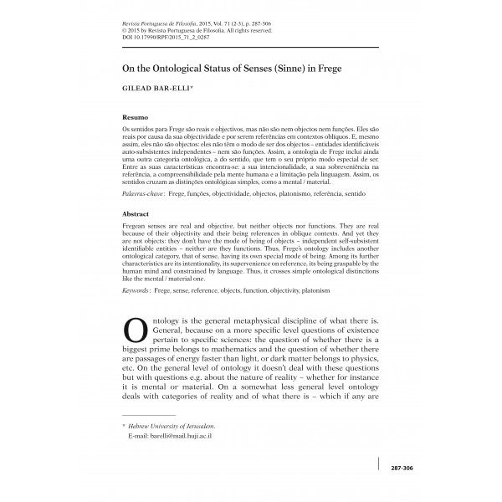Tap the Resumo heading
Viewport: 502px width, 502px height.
135,119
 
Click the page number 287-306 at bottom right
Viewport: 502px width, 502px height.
402,469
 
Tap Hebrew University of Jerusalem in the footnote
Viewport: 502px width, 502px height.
172,427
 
